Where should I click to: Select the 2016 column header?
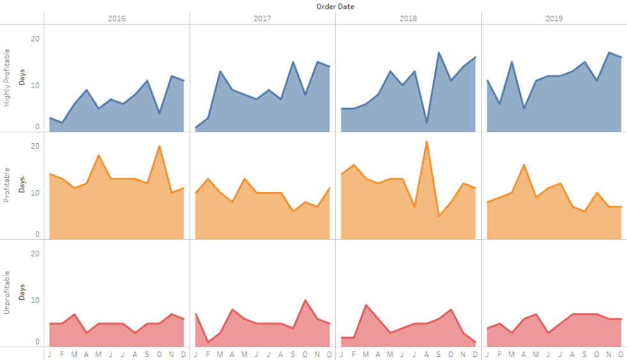[117, 19]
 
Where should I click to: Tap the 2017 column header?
[263, 19]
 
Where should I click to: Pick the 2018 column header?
[408, 19]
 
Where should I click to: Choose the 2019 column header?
[554, 19]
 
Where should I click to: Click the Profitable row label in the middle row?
[8, 186]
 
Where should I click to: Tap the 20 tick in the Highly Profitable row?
[35, 38]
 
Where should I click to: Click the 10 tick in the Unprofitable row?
[35, 300]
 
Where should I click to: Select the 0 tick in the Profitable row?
[37, 235]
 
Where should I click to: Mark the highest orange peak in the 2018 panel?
[427, 141]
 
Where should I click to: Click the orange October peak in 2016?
[159, 146]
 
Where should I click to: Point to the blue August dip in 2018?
[427, 122]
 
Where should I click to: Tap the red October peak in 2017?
[305, 300]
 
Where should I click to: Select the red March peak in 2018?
[366, 305]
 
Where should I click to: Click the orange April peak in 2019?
[524, 165]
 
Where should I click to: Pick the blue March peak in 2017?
[220, 71]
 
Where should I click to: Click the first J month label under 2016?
[50, 354]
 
